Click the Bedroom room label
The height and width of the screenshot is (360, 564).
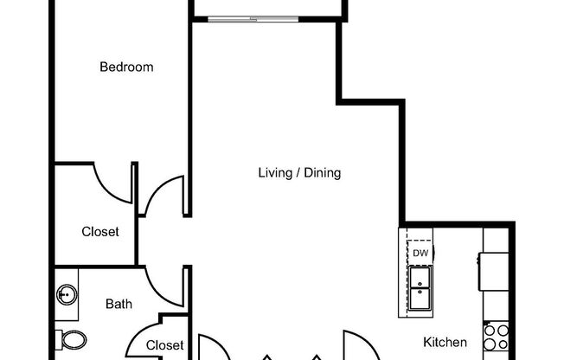coord(126,67)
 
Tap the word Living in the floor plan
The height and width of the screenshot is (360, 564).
coord(275,173)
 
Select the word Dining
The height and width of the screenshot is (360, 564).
coord(321,173)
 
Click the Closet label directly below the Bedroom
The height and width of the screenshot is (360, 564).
coord(100,232)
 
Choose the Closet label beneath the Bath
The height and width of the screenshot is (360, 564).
coord(164,345)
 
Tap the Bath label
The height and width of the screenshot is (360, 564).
coord(119,304)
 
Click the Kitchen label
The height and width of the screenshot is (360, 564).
coord(445,342)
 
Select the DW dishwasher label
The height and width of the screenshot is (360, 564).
coord(420,253)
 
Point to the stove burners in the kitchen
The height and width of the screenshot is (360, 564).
coord(496,337)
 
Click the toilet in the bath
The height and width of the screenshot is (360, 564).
coord(69,338)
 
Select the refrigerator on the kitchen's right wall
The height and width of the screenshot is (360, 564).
coord(495,271)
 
